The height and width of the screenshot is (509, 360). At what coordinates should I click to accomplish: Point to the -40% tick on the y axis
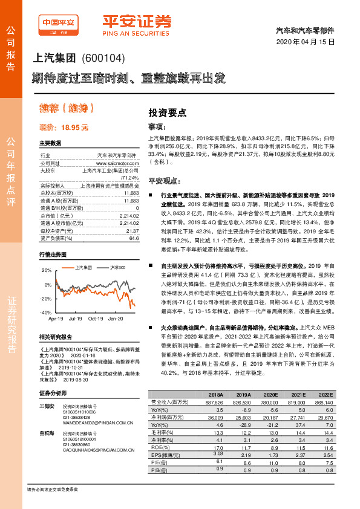click(x=46, y=313)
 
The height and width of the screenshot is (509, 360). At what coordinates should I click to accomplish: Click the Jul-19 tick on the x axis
click(x=76, y=318)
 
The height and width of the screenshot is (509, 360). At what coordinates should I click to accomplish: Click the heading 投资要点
click(x=167, y=112)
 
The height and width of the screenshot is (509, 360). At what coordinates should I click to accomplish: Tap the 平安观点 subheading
click(x=165, y=181)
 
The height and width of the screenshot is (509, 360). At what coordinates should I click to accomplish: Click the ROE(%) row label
click(x=160, y=447)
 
